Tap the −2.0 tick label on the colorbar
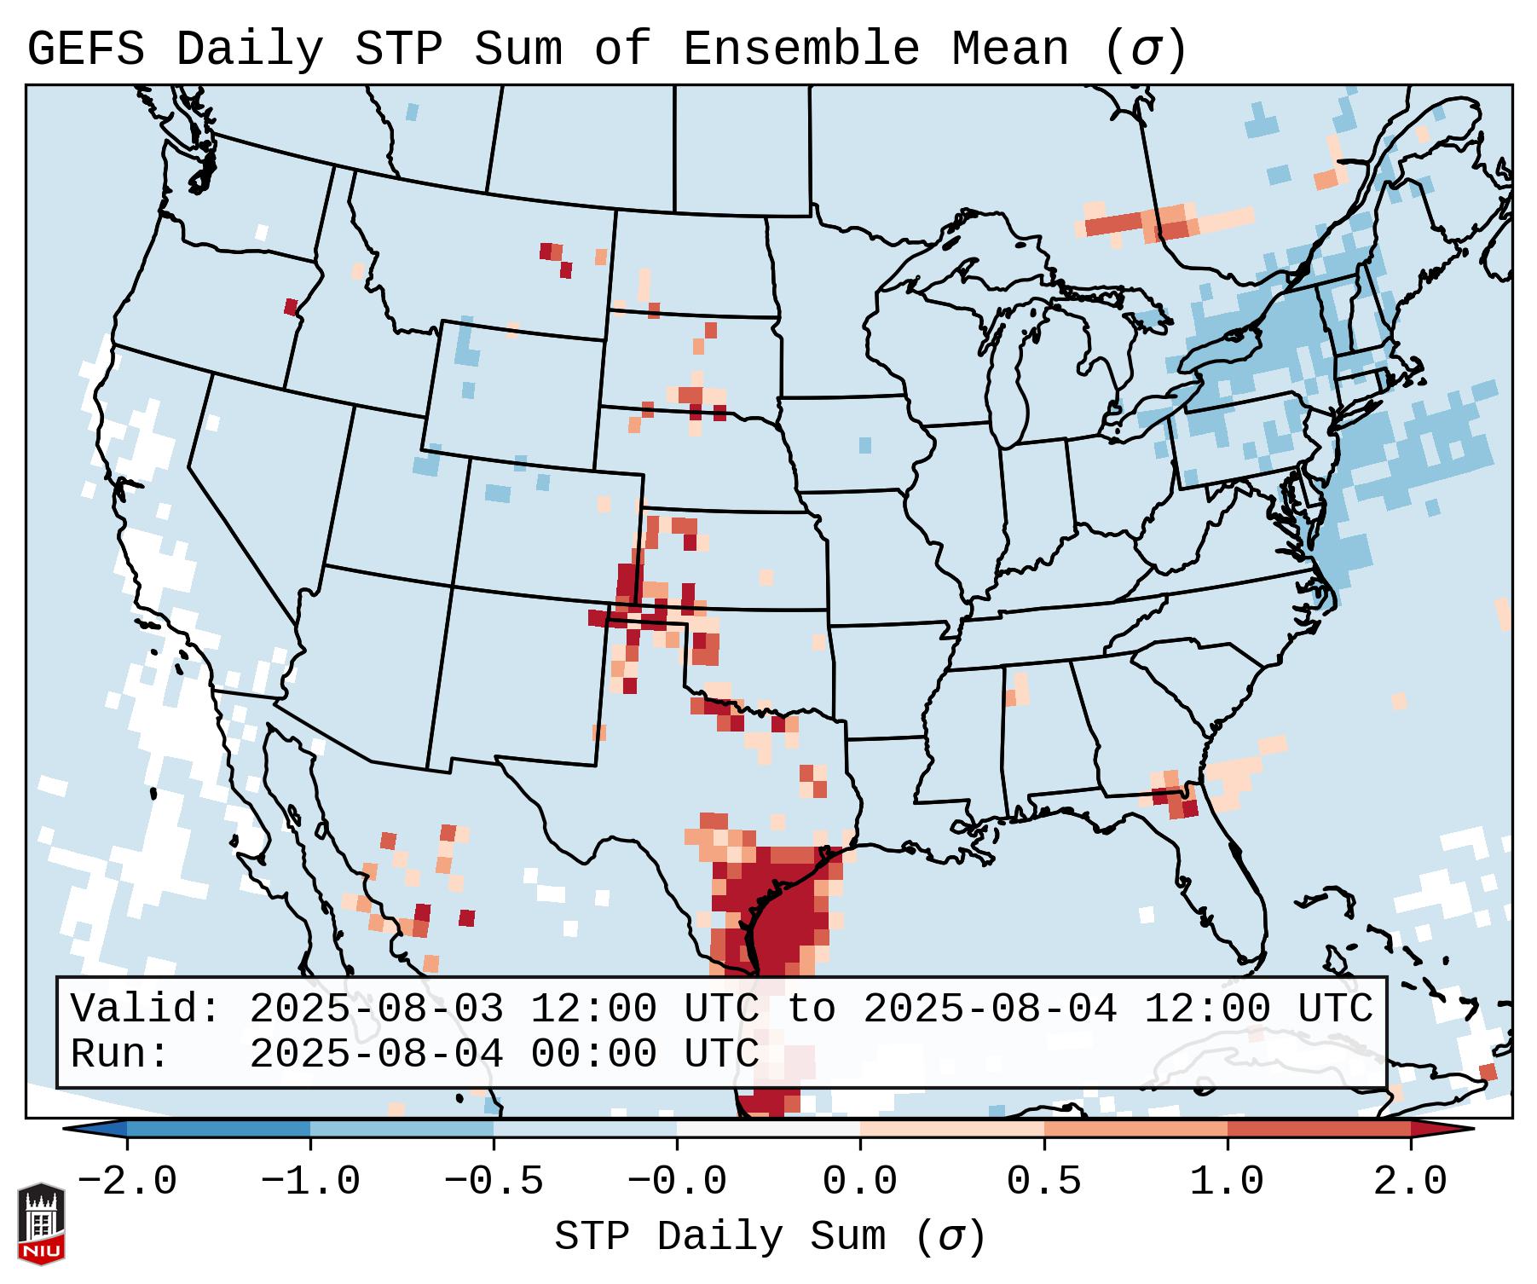tap(127, 1182)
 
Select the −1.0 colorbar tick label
tap(310, 1182)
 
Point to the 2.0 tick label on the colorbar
tap(1411, 1182)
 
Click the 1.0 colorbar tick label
tap(1228, 1182)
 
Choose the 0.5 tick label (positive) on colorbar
tap(1044, 1182)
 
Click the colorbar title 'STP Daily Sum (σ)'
tap(770, 1236)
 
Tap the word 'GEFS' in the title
tap(86, 49)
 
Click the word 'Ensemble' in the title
tap(801, 49)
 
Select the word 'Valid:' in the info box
tap(146, 1009)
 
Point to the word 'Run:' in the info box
tap(120, 1054)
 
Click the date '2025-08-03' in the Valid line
tap(376, 1009)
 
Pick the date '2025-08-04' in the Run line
tap(376, 1054)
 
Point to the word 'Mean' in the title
tap(1009, 49)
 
